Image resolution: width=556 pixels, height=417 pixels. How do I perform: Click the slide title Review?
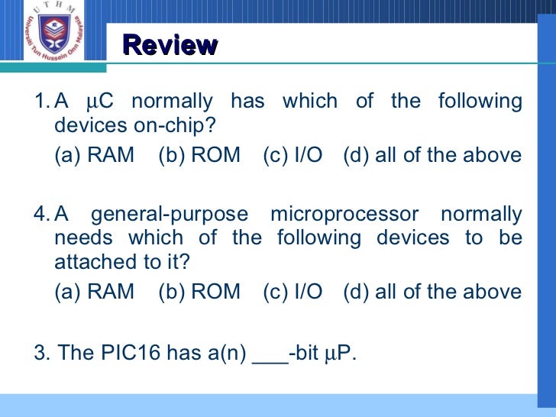point(170,45)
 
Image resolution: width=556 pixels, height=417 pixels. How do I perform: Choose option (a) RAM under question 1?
point(94,156)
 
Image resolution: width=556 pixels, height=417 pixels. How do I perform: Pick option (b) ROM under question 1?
point(199,156)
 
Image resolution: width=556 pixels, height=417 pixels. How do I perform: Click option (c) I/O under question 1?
point(293,156)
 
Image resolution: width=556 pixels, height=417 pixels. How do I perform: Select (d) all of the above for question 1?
point(433,156)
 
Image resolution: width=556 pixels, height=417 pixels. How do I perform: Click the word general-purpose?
point(170,215)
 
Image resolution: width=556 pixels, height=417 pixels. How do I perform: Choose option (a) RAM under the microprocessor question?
point(94,292)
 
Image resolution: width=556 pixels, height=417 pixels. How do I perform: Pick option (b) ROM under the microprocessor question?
point(199,292)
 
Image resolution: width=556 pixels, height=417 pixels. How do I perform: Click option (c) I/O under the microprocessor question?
point(293,292)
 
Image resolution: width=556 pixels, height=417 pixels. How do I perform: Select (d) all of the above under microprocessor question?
point(433,292)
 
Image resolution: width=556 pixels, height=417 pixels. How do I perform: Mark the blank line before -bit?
point(270,357)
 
